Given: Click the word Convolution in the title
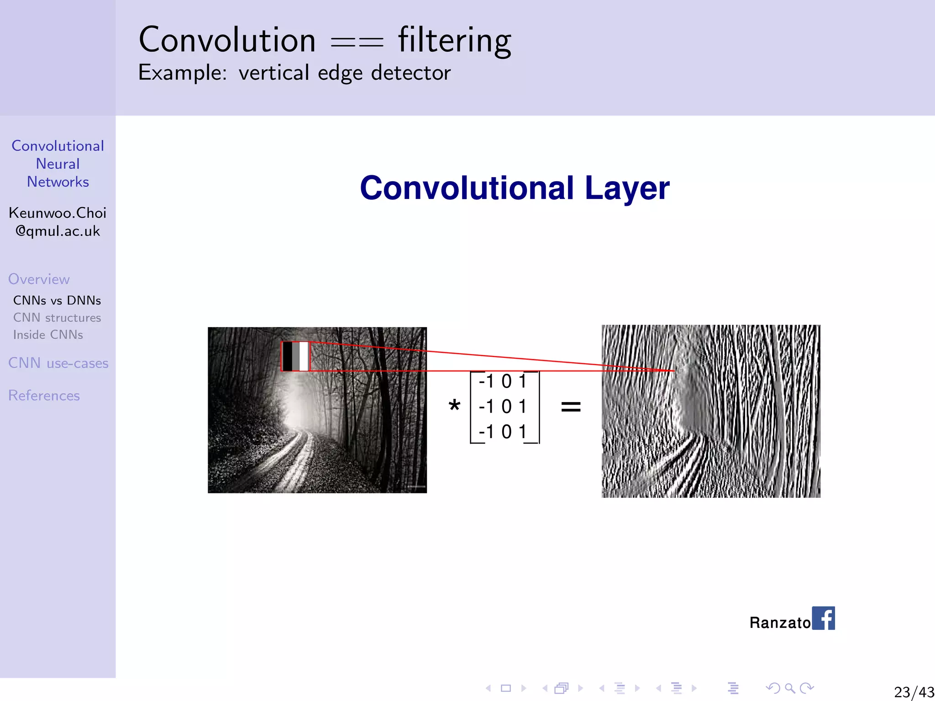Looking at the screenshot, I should pyautogui.click(x=227, y=40).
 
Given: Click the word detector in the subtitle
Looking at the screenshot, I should pyautogui.click(x=411, y=73).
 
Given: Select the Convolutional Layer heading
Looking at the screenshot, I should pyautogui.click(x=515, y=188).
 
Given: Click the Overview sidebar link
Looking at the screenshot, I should pyautogui.click(x=39, y=279).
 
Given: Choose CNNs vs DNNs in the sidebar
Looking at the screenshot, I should pyautogui.click(x=57, y=300).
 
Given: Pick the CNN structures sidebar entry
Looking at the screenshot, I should pyautogui.click(x=57, y=318).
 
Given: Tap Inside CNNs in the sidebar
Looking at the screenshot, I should pyautogui.click(x=48, y=335).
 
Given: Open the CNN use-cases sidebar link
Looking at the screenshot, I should pyautogui.click(x=58, y=363).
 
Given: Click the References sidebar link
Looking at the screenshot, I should pyautogui.click(x=44, y=395).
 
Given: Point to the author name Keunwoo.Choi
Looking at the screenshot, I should pyautogui.click(x=58, y=213).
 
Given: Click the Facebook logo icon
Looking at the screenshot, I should pyautogui.click(x=823, y=618).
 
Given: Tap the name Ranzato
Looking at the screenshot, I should pyautogui.click(x=780, y=623).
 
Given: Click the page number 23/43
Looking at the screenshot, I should pyautogui.click(x=914, y=692).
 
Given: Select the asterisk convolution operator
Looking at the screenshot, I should pyautogui.click(x=454, y=405).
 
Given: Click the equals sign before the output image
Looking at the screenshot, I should pyautogui.click(x=571, y=406).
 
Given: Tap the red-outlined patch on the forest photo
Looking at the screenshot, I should pyautogui.click(x=295, y=356).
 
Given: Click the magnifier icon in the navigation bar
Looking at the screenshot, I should pyautogui.click(x=790, y=688).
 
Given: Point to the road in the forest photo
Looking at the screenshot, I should pyautogui.click(x=292, y=461).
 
